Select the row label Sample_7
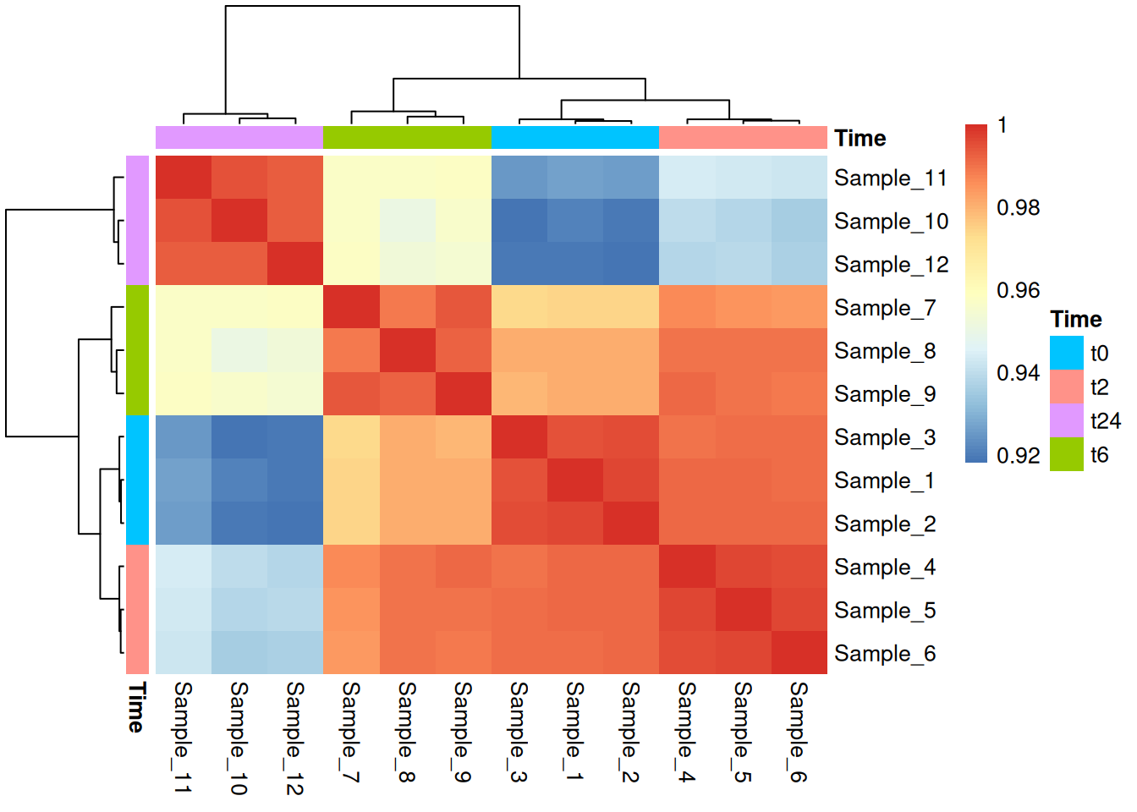click(884, 308)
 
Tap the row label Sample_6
click(884, 654)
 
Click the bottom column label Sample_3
click(519, 732)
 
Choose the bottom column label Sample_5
click(742, 732)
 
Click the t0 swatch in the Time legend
click(1066, 354)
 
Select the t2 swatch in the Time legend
click(1066, 387)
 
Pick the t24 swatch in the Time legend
click(1066, 421)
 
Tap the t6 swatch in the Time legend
click(1066, 455)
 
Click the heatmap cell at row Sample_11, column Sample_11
click(183, 178)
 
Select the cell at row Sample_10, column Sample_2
click(630, 221)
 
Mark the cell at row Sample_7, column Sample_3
click(519, 307)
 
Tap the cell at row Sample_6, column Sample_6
click(799, 653)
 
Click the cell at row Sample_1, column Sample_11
click(183, 480)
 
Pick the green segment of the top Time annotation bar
click(407, 137)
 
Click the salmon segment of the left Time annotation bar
click(138, 609)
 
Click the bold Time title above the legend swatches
click(1075, 320)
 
